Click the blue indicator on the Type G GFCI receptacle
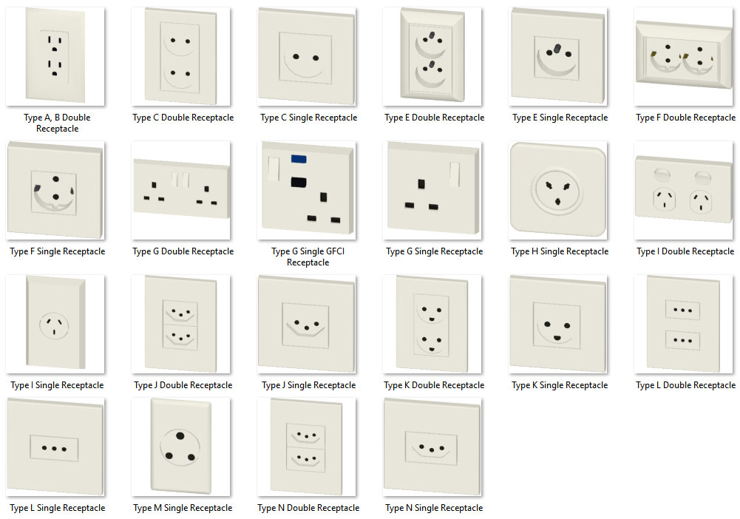[x=299, y=160]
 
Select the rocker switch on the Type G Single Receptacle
[x=455, y=174]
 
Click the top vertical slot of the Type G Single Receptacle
[x=421, y=184]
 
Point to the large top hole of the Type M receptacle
[x=180, y=435]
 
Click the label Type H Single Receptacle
[x=560, y=251]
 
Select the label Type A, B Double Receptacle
[x=57, y=123]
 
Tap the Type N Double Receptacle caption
[x=308, y=508]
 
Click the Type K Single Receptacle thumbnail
[x=558, y=324]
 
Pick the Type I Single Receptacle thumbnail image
[x=55, y=324]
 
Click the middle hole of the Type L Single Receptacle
[x=54, y=449]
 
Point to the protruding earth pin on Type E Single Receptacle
[x=557, y=48]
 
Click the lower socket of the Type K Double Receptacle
[x=431, y=343]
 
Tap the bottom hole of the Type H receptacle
[x=557, y=202]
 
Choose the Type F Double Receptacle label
[x=685, y=118]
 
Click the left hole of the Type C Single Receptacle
[x=296, y=57]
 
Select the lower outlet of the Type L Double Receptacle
[x=682, y=340]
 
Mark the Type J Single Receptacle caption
[x=309, y=385]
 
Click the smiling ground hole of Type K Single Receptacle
[x=557, y=338]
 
